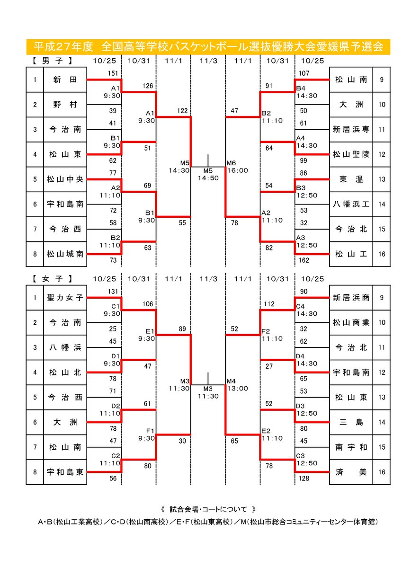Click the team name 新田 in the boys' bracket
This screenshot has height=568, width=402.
pyautogui.click(x=65, y=80)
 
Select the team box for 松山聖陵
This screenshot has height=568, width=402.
pyautogui.click(x=351, y=154)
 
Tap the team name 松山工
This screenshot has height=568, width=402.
pyautogui.click(x=351, y=254)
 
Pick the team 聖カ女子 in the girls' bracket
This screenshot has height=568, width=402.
pyautogui.click(x=65, y=298)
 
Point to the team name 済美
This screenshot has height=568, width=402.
pyautogui.click(x=351, y=472)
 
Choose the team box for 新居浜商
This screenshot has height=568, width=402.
pyautogui.click(x=351, y=298)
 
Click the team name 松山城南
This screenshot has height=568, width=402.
pyautogui.click(x=65, y=254)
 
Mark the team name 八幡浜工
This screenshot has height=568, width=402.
pyautogui.click(x=351, y=204)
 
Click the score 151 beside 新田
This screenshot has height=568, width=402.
pyautogui.click(x=113, y=73)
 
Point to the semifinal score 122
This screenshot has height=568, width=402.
pyautogui.click(x=183, y=110)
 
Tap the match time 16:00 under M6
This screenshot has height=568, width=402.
pyautogui.click(x=237, y=170)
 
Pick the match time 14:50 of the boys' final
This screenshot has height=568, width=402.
pyautogui.click(x=208, y=177)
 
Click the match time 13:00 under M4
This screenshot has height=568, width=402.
pyautogui.click(x=237, y=389)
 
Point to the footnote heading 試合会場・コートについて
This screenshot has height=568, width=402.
pyautogui.click(x=208, y=510)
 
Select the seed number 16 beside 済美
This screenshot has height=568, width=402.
pyautogui.click(x=381, y=472)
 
